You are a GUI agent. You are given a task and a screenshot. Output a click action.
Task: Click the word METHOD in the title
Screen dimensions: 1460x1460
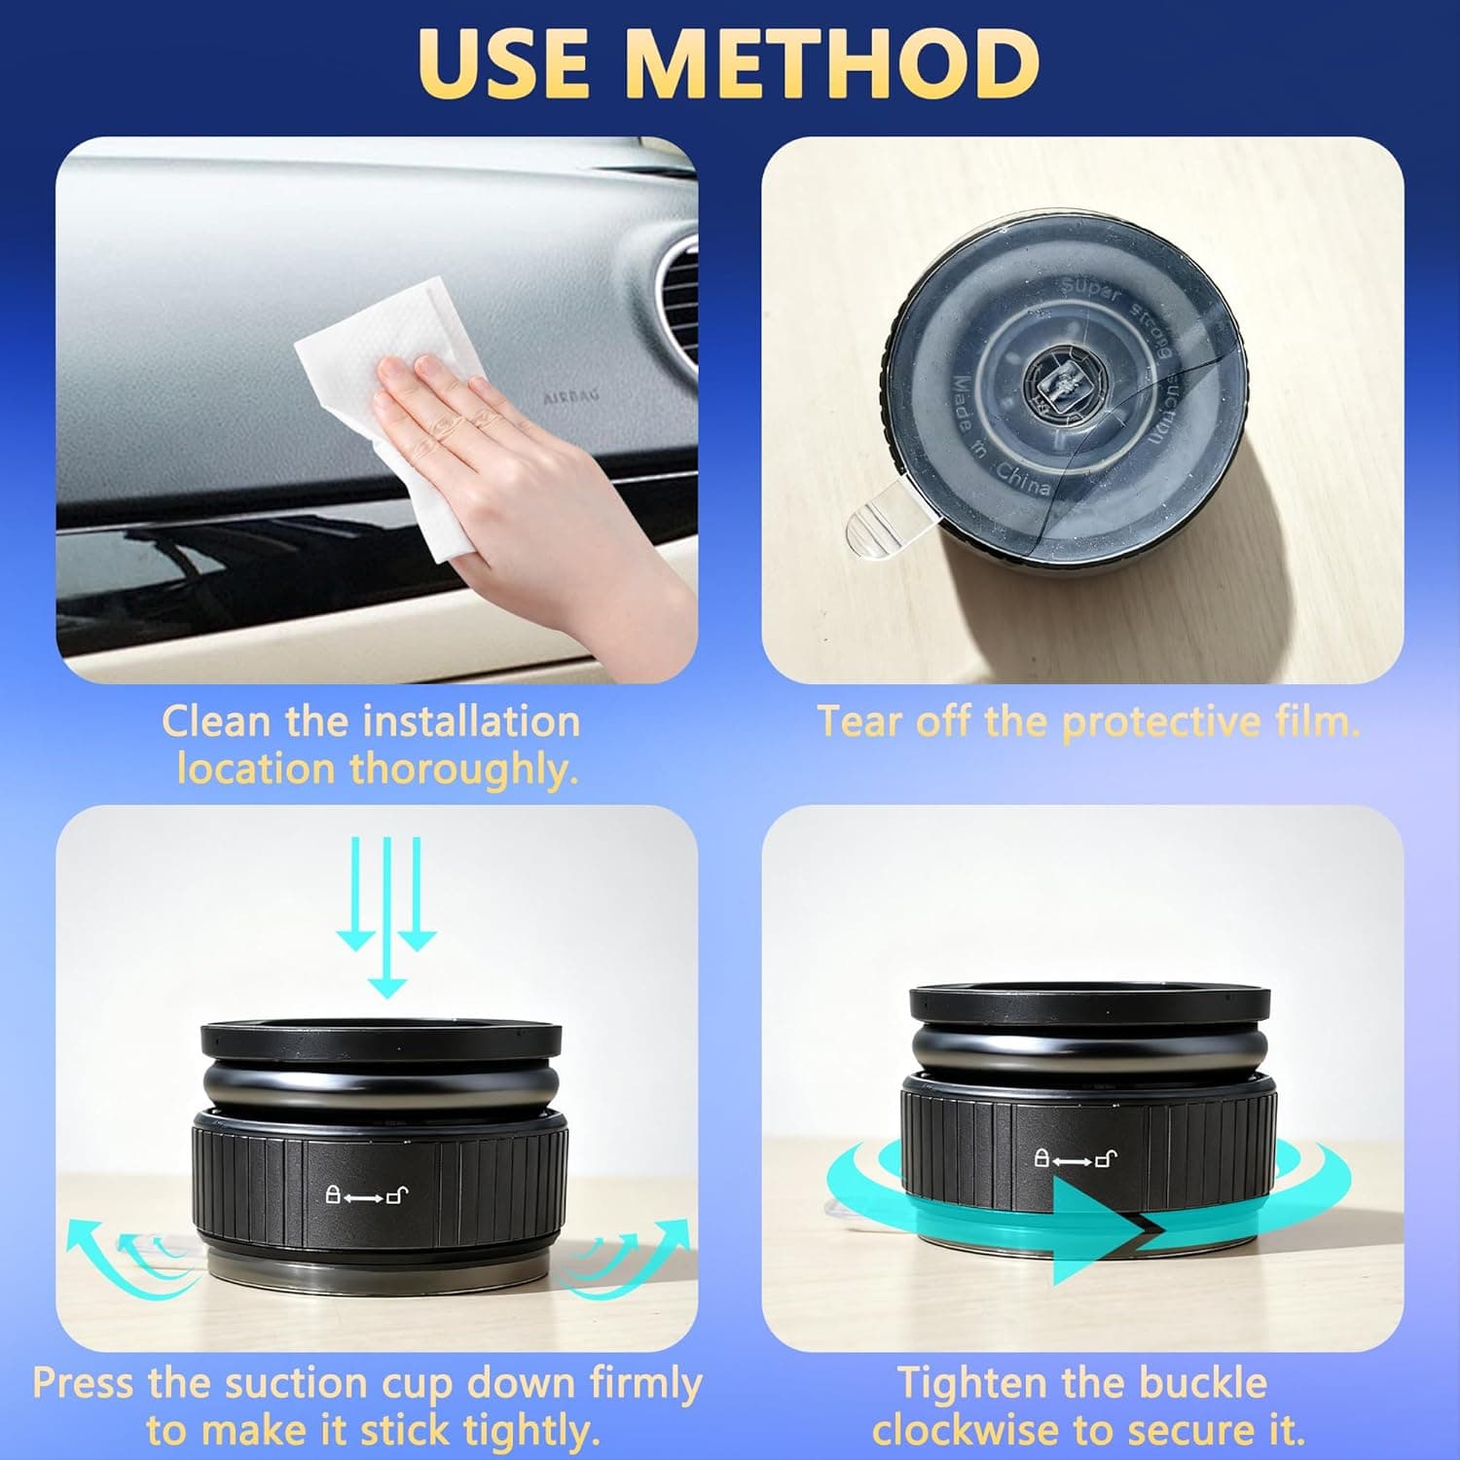coord(831,62)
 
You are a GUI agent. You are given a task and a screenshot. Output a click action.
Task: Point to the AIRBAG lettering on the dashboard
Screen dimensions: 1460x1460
coord(570,397)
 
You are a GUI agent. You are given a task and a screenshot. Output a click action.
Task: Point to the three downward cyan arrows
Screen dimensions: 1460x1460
coord(386,915)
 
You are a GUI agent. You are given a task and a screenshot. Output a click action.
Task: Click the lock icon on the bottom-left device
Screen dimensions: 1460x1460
coord(333,1194)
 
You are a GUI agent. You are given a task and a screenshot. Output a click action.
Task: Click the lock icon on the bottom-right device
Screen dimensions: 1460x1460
coord(1040,1158)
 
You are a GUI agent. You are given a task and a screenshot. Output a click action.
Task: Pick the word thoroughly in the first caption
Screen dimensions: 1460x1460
coord(464,770)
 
